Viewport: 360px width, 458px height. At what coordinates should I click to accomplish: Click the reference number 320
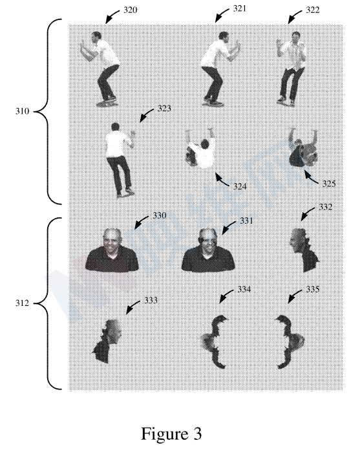point(130,10)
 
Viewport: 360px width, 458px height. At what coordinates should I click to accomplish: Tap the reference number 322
point(313,10)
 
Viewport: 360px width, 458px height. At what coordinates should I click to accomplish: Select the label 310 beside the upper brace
point(22,111)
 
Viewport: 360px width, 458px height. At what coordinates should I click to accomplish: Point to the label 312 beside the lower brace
point(22,303)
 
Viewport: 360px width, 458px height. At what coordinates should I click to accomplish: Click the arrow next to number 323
point(147,115)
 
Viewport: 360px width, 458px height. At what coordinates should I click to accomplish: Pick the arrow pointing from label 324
point(222,179)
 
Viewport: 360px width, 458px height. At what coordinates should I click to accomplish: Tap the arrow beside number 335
point(295,296)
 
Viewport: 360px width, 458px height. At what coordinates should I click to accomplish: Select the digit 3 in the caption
point(197,434)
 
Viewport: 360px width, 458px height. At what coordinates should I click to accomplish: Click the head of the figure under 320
point(96,37)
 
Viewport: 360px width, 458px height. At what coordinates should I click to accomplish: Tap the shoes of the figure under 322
point(286,102)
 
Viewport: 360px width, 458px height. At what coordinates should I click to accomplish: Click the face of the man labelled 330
point(112,241)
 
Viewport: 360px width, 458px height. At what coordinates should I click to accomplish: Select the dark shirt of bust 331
point(208,261)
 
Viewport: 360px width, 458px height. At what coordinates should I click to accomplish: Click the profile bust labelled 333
point(107,341)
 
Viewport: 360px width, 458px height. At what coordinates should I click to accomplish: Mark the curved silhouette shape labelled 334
point(215,342)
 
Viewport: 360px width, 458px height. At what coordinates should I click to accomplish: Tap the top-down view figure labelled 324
point(201,148)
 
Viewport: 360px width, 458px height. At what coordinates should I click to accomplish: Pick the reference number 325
point(329,184)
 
